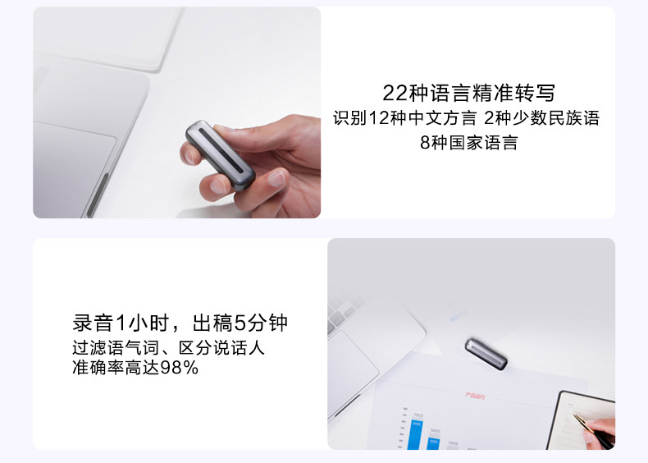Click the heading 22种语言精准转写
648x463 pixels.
click(x=468, y=93)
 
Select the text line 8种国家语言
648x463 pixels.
click(x=468, y=143)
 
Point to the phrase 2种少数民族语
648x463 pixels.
click(x=541, y=118)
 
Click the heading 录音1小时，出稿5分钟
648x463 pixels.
click(x=180, y=323)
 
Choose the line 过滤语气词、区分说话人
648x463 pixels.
click(x=168, y=347)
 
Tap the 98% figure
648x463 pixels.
click(x=180, y=368)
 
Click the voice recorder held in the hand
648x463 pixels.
click(x=220, y=156)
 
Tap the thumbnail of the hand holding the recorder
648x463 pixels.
click(x=177, y=112)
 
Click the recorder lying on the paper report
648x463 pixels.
click(x=486, y=354)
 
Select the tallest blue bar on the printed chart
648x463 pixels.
click(x=416, y=435)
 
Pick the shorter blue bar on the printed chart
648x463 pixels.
click(x=433, y=443)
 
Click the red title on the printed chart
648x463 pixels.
click(x=475, y=396)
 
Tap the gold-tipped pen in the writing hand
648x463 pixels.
click(x=593, y=431)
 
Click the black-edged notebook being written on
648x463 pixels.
click(x=582, y=421)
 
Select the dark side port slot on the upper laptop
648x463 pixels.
click(x=98, y=195)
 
